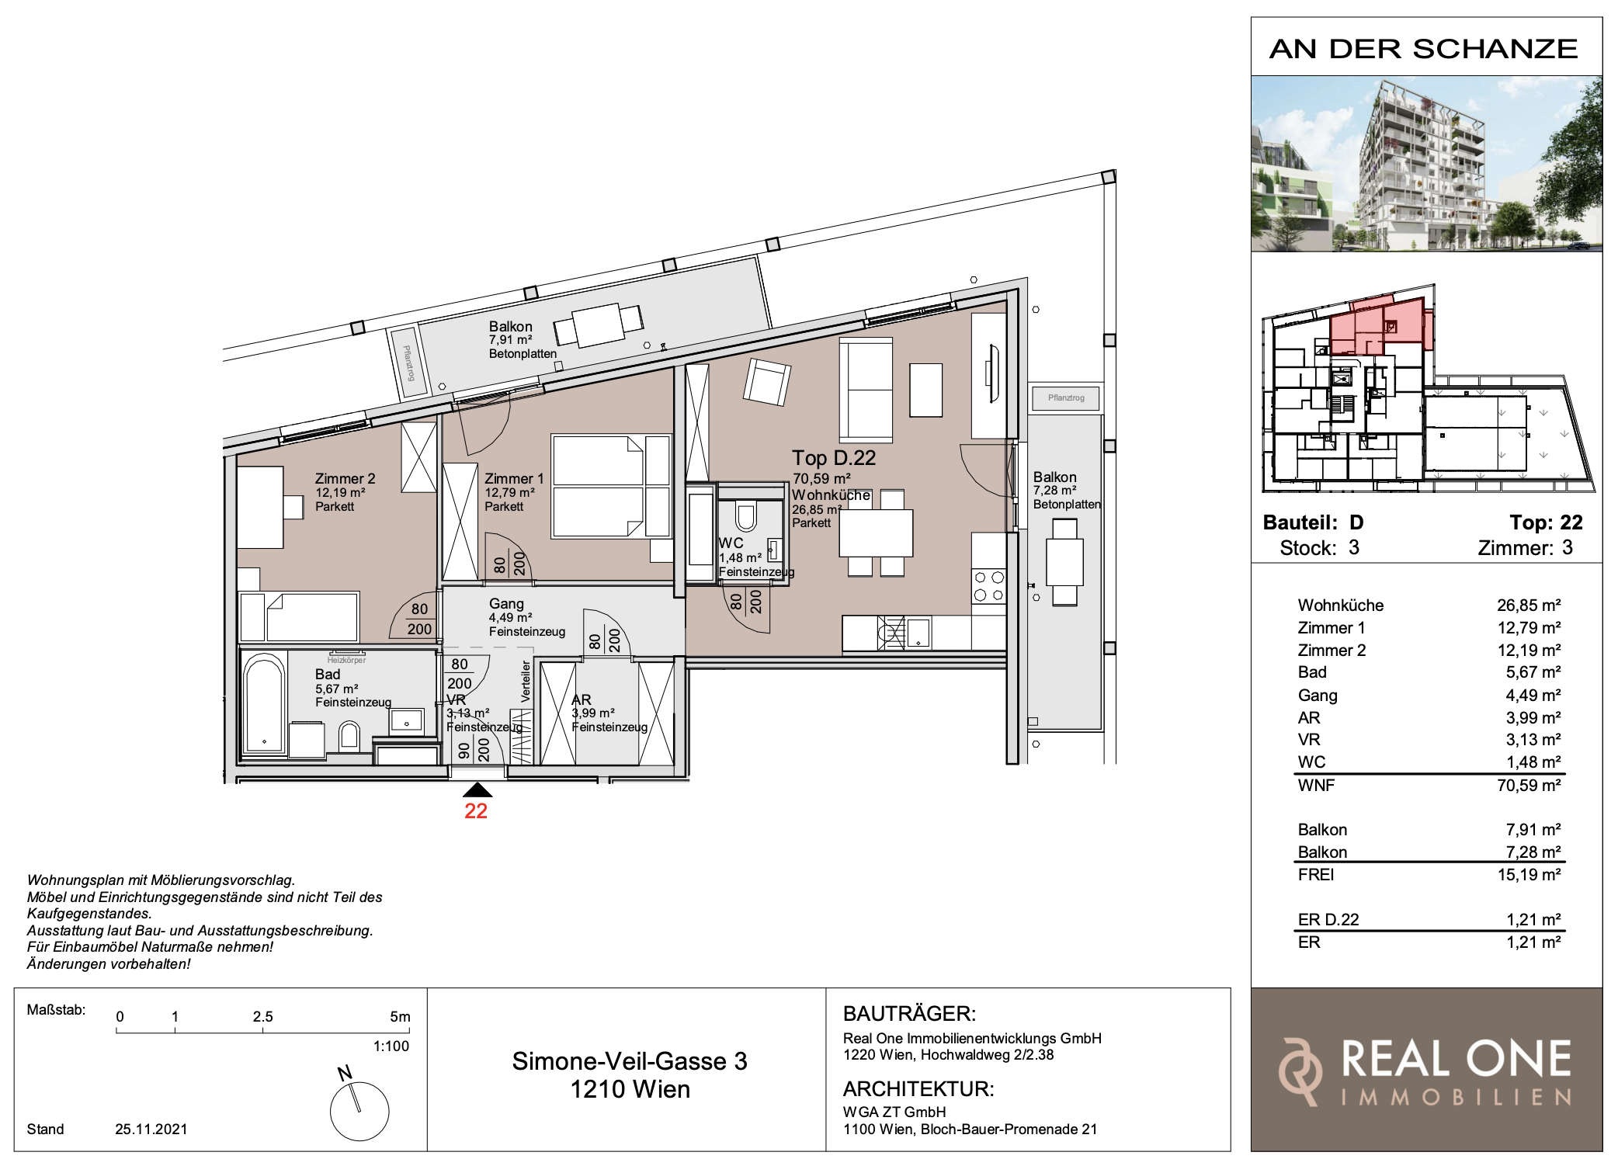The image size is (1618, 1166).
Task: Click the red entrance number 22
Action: pyautogui.click(x=476, y=811)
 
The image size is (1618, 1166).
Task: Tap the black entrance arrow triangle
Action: pyautogui.click(x=477, y=790)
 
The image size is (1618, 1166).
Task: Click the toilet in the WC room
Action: pyautogui.click(x=745, y=517)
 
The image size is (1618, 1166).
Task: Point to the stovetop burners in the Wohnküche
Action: pyautogui.click(x=988, y=586)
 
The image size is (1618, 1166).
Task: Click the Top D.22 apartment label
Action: pyautogui.click(x=834, y=458)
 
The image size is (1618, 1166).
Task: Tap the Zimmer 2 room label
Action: pyautogui.click(x=345, y=479)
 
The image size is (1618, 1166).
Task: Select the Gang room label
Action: pyautogui.click(x=506, y=604)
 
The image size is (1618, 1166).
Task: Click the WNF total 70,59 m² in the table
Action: pyautogui.click(x=1529, y=786)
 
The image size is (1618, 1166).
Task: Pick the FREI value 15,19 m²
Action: pyautogui.click(x=1529, y=875)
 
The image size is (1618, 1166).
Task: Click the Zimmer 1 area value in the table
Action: pyautogui.click(x=1529, y=628)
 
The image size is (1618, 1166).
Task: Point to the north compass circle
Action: pyautogui.click(x=359, y=1112)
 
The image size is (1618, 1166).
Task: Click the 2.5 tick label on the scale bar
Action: pyautogui.click(x=263, y=1017)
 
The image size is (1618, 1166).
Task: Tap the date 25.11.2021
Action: pyautogui.click(x=151, y=1130)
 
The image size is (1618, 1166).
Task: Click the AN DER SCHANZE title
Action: pyautogui.click(x=1424, y=49)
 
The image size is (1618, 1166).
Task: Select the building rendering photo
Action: pyautogui.click(x=1426, y=164)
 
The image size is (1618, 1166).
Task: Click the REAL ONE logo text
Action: pyautogui.click(x=1457, y=1059)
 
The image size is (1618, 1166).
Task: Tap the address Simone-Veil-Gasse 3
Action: pyautogui.click(x=630, y=1061)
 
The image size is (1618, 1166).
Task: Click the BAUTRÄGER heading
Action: pyautogui.click(x=909, y=1014)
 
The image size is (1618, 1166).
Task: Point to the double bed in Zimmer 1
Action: pyautogui.click(x=611, y=486)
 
